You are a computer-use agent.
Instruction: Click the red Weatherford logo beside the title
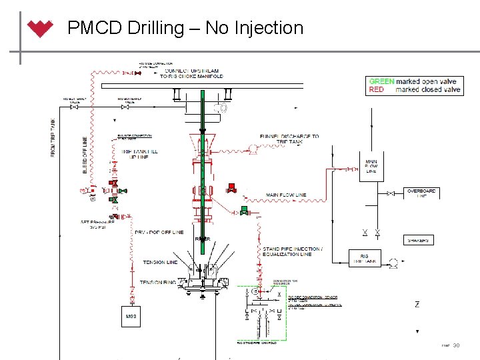tap(41, 29)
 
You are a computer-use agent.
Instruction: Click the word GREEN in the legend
tap(381, 81)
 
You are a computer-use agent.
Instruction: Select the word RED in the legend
tap(376, 89)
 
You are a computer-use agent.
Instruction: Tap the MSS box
tap(131, 316)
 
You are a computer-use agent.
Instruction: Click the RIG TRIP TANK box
tap(365, 259)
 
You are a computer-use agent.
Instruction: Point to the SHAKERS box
tap(419, 240)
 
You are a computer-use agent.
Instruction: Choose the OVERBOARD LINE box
tap(421, 193)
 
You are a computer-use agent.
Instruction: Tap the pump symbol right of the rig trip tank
tap(393, 261)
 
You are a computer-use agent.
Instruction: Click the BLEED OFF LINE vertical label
tap(85, 155)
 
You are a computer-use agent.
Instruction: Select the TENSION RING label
tap(158, 283)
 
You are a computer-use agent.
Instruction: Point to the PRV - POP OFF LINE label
tap(159, 232)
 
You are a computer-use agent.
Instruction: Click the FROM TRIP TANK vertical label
tap(54, 137)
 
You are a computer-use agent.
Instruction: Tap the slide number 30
tap(457, 345)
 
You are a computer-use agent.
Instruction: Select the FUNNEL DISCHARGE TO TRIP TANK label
tap(289, 139)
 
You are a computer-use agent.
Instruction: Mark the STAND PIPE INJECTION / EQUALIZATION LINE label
tap(292, 251)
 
